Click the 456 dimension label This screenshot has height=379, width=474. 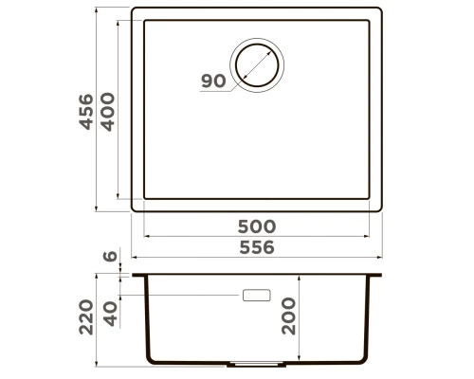[x=86, y=112]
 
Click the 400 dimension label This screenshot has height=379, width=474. [x=108, y=112]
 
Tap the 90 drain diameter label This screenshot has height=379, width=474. [x=213, y=81]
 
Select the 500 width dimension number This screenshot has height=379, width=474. [x=257, y=226]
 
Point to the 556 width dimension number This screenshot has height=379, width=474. [x=257, y=247]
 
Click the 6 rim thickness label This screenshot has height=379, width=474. [x=110, y=256]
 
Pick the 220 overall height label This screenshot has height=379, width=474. [x=86, y=317]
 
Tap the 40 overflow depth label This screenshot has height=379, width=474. [x=111, y=314]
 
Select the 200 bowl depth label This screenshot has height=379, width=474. [x=288, y=316]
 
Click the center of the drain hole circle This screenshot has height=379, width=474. [x=257, y=65]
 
